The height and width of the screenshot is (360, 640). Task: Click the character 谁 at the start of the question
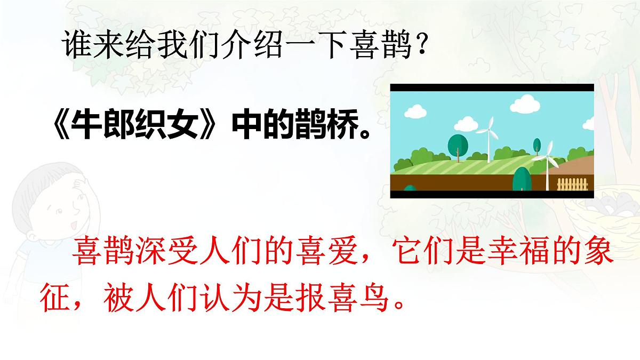click(x=75, y=45)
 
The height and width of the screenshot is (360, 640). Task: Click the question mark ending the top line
click(x=421, y=45)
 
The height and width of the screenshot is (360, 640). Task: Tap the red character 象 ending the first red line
click(x=595, y=259)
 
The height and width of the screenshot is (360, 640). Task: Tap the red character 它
click(x=403, y=259)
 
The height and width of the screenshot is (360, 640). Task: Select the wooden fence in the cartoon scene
click(x=574, y=185)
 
